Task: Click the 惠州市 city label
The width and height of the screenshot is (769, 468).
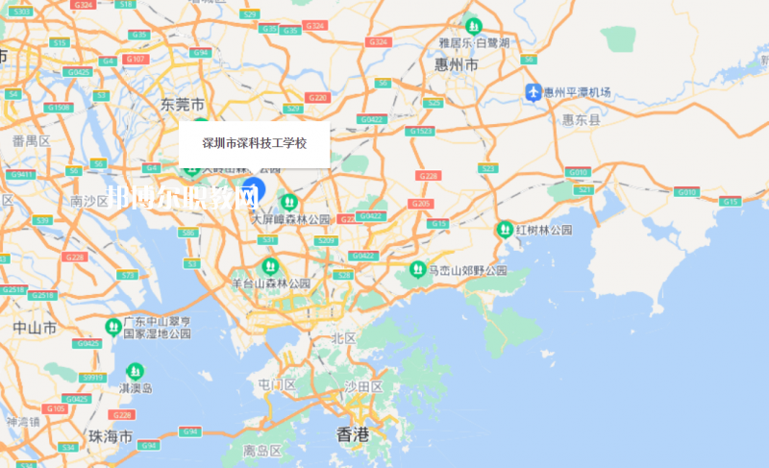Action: (458, 65)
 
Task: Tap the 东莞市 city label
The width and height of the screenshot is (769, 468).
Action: (183, 104)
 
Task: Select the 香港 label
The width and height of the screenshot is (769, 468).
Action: (353, 434)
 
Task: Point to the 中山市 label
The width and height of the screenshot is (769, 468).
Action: (35, 328)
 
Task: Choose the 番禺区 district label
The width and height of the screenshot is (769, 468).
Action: (31, 140)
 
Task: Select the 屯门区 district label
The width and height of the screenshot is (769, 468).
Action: (277, 384)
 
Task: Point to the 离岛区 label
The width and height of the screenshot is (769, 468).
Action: (261, 450)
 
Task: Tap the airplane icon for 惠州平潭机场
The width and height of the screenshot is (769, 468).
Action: (533, 92)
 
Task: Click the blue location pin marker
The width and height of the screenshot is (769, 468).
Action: (253, 187)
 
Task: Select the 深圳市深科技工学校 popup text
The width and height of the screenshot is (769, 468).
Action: (254, 143)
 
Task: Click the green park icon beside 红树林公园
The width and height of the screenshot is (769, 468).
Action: (504, 230)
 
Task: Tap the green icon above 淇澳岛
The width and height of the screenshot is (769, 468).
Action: (135, 370)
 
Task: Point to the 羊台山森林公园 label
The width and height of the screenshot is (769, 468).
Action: (271, 283)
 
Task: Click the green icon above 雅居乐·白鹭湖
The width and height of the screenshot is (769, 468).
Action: (473, 25)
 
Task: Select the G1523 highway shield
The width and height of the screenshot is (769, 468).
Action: (420, 131)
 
